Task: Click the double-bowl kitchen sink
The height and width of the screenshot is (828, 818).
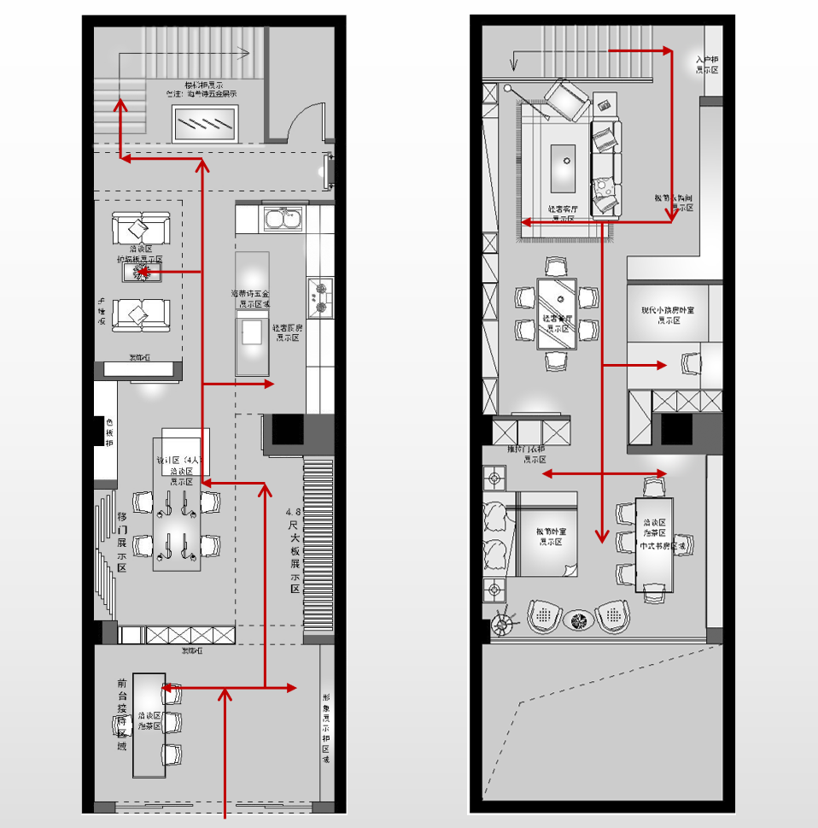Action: [283, 218]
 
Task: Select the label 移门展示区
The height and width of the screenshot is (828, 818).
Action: [122, 542]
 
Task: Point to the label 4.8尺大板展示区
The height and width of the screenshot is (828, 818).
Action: [295, 551]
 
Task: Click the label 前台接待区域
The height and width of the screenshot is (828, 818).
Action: [122, 713]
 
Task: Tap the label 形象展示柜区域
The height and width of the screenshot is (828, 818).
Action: [326, 722]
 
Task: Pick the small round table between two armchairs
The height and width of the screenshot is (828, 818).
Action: [577, 618]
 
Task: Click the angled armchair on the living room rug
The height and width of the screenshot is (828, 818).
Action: [566, 98]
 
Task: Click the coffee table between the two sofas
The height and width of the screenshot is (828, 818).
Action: [139, 273]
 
